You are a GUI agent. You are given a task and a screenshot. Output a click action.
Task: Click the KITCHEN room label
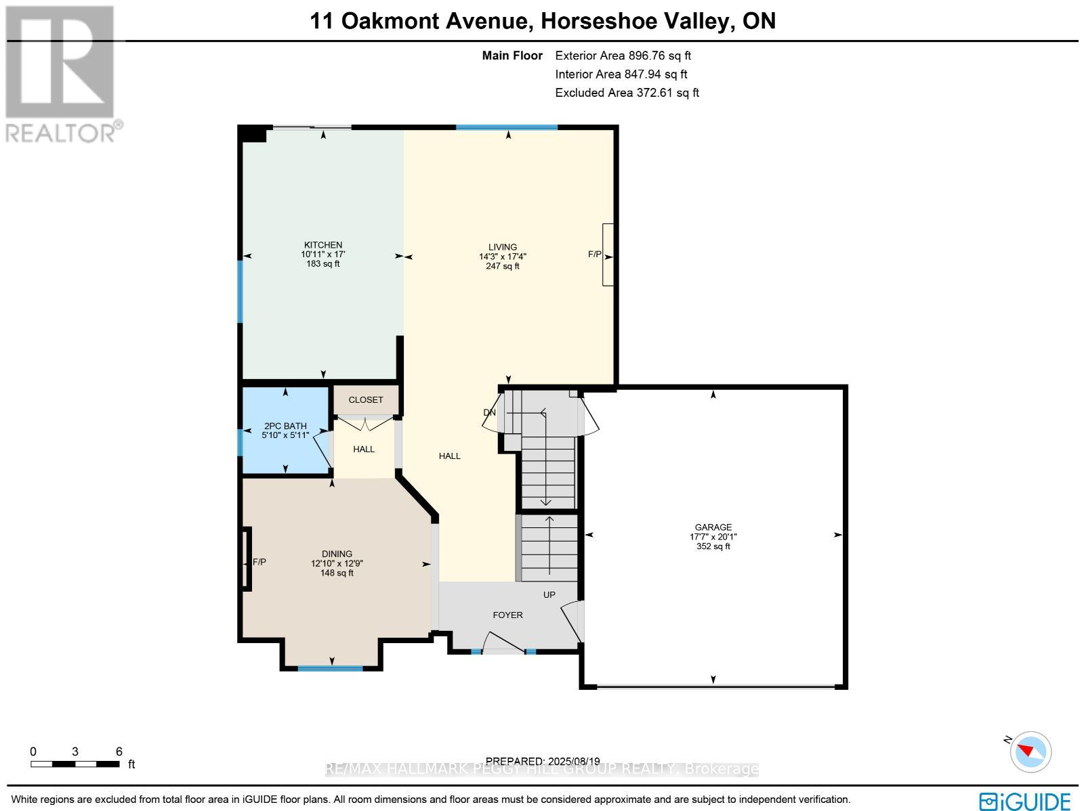pyautogui.click(x=322, y=245)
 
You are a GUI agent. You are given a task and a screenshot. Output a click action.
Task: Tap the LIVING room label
pyautogui.click(x=503, y=247)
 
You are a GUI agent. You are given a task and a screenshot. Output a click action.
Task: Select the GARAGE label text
pyautogui.click(x=713, y=527)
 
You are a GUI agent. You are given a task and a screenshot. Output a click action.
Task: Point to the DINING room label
pyautogui.click(x=337, y=554)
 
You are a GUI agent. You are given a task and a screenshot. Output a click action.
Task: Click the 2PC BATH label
pyautogui.click(x=285, y=426)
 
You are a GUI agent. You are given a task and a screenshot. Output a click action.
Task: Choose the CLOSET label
pyautogui.click(x=366, y=400)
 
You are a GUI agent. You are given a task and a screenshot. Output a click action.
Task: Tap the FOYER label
pyautogui.click(x=507, y=615)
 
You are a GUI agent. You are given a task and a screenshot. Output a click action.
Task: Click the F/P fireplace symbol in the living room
pyautogui.click(x=608, y=255)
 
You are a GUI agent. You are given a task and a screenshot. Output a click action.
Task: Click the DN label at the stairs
pyautogui.click(x=489, y=412)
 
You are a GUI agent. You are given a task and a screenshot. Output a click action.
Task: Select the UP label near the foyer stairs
pyautogui.click(x=549, y=594)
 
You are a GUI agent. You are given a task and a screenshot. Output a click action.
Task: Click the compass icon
pyautogui.click(x=1030, y=751)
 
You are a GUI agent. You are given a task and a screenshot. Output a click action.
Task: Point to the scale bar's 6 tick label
pyautogui.click(x=119, y=751)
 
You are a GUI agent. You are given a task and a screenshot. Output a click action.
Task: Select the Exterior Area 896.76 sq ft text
pyautogui.click(x=623, y=56)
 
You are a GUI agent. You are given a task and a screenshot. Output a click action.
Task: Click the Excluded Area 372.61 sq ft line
pyautogui.click(x=627, y=93)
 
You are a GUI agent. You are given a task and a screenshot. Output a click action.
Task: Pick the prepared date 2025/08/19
pyautogui.click(x=543, y=762)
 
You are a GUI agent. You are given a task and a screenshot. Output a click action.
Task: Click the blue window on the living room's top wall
pyautogui.click(x=507, y=127)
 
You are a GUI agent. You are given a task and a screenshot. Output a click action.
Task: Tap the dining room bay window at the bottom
pyautogui.click(x=331, y=669)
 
